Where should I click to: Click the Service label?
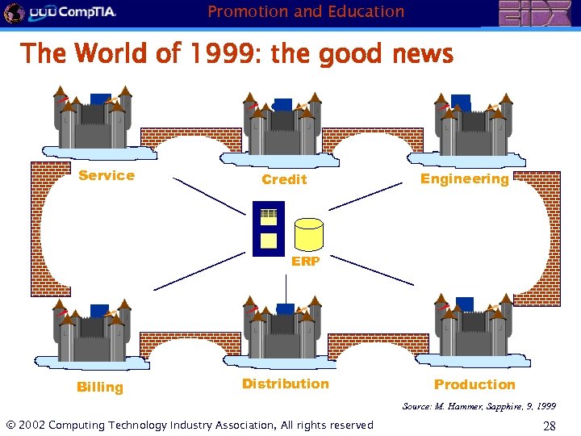pyautogui.click(x=107, y=175)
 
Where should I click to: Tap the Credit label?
pyautogui.click(x=284, y=179)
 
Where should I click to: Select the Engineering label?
pyautogui.click(x=465, y=178)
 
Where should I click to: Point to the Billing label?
pyautogui.click(x=100, y=387)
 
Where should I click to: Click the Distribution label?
pyautogui.click(x=286, y=384)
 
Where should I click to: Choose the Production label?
pyautogui.click(x=474, y=384)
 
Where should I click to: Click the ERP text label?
pyautogui.click(x=306, y=261)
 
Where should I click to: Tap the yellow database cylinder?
pyautogui.click(x=308, y=233)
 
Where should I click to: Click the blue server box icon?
pyautogui.click(x=269, y=228)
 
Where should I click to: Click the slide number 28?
pyautogui.click(x=549, y=426)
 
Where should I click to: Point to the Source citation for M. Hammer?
pyautogui.click(x=479, y=405)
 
